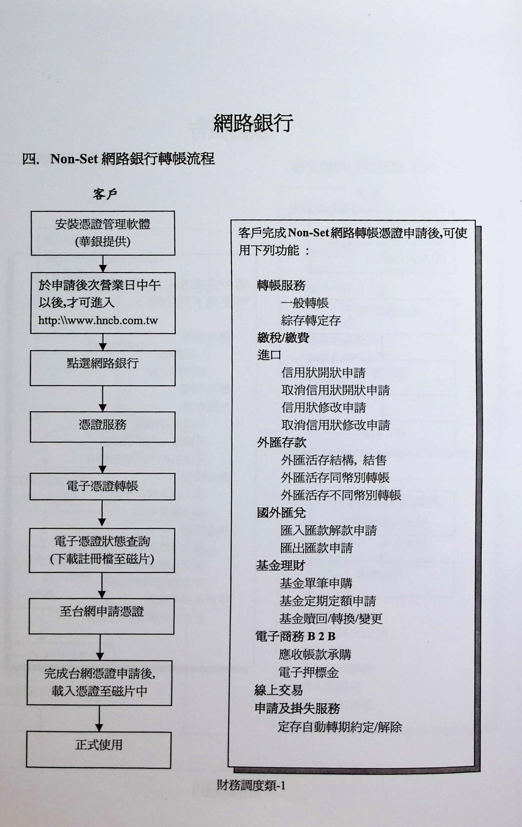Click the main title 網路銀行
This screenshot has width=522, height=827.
click(x=253, y=123)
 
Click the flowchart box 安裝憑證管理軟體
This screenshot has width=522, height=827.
click(x=103, y=233)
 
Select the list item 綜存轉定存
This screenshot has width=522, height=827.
click(x=310, y=321)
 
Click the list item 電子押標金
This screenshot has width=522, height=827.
click(x=309, y=672)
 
